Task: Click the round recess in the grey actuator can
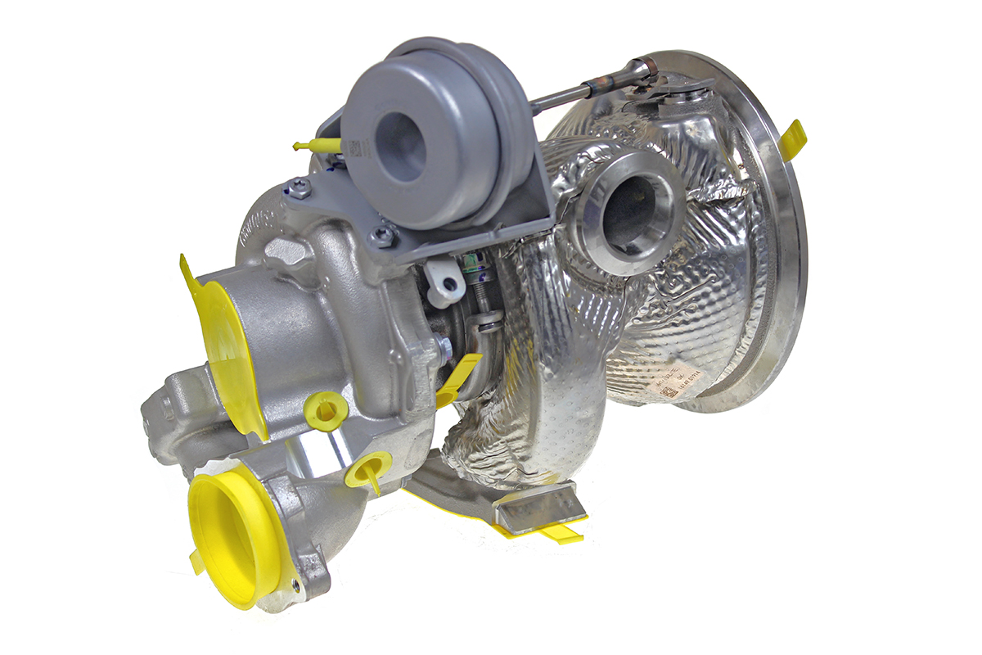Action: click(400, 146)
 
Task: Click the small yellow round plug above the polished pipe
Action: click(326, 409)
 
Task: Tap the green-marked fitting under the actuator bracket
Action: click(472, 265)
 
